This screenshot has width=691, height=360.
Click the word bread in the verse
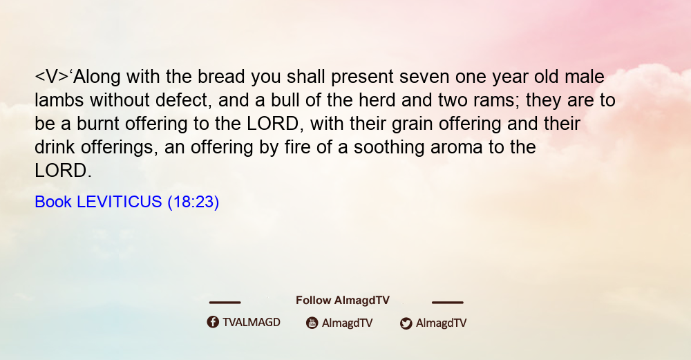[x=221, y=77]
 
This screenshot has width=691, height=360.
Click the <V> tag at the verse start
[x=52, y=77]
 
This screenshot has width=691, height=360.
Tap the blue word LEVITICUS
[x=120, y=202]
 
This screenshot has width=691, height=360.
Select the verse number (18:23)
[x=193, y=202]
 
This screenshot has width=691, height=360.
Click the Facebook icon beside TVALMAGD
[x=213, y=322]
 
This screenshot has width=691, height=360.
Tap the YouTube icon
[x=312, y=323]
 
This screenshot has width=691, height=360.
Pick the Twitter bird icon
[x=406, y=323]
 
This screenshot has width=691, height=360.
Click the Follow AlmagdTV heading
[x=343, y=300]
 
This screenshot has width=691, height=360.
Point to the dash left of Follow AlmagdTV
[x=225, y=303]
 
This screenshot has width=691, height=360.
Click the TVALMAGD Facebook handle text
[x=252, y=322]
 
